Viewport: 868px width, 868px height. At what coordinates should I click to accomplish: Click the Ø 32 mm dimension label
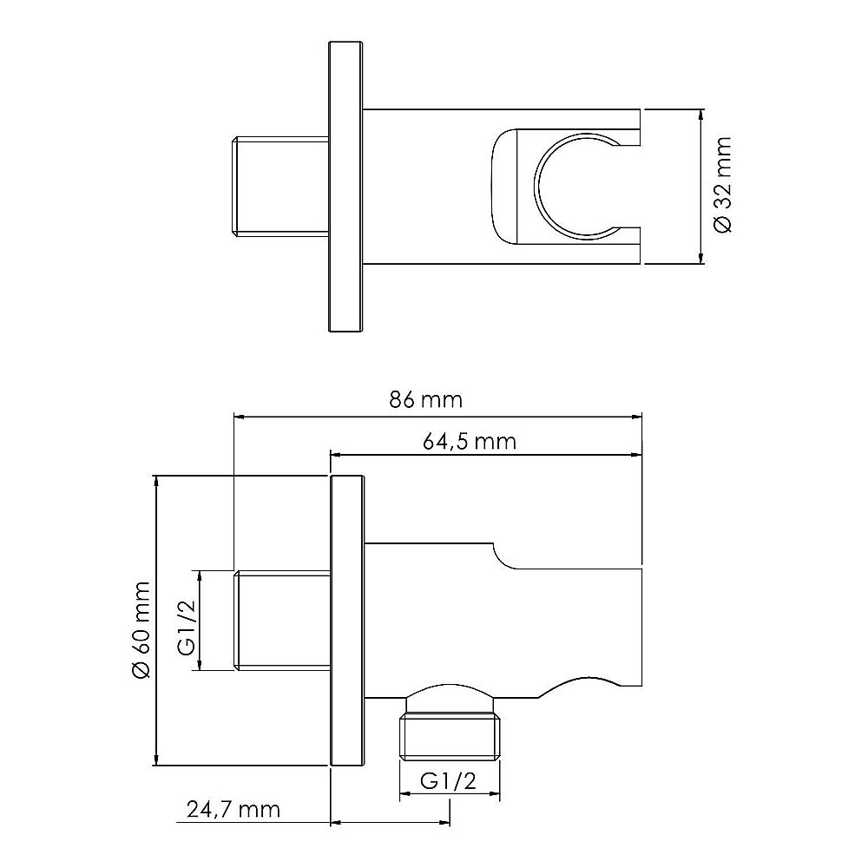point(722,185)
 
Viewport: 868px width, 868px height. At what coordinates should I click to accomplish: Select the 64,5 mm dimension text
point(470,441)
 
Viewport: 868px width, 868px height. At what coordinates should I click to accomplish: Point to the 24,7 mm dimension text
point(234,810)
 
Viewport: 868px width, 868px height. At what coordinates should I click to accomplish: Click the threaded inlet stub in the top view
point(279,187)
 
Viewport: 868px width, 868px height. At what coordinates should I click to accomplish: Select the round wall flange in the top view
point(345,187)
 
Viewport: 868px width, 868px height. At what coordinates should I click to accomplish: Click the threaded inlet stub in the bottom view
point(282,620)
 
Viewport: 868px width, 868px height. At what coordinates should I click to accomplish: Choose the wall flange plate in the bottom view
point(348,620)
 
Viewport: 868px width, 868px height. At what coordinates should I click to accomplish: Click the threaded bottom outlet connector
point(449,735)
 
